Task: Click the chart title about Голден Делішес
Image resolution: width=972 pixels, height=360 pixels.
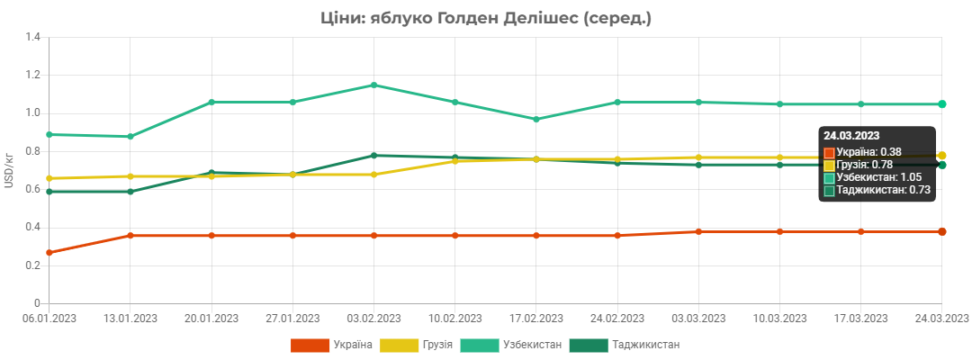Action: click(485, 19)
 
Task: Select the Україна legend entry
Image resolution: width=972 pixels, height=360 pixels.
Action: click(331, 345)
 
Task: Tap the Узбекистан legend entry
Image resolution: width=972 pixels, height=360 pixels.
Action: click(511, 345)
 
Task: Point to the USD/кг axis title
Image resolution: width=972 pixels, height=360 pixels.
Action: click(9, 170)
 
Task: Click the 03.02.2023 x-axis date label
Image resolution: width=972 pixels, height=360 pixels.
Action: click(373, 319)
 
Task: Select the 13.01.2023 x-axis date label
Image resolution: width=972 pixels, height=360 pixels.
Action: click(130, 319)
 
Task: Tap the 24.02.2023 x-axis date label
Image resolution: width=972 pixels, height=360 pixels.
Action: click(617, 319)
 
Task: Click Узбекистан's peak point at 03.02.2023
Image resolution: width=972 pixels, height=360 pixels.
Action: click(373, 85)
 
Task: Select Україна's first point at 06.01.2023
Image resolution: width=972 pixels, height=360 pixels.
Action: click(49, 252)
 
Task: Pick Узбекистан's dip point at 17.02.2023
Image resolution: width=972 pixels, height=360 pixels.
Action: click(536, 119)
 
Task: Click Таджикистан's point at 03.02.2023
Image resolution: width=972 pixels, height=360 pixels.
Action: click(373, 156)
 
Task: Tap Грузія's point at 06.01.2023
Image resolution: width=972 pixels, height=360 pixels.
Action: click(49, 178)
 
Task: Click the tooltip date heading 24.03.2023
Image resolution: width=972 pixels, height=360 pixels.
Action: click(851, 135)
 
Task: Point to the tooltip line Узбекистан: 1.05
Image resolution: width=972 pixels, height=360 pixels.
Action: click(873, 177)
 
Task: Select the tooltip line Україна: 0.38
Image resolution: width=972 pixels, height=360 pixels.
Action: click(862, 151)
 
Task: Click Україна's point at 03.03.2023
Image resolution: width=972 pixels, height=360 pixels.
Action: click(698, 231)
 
